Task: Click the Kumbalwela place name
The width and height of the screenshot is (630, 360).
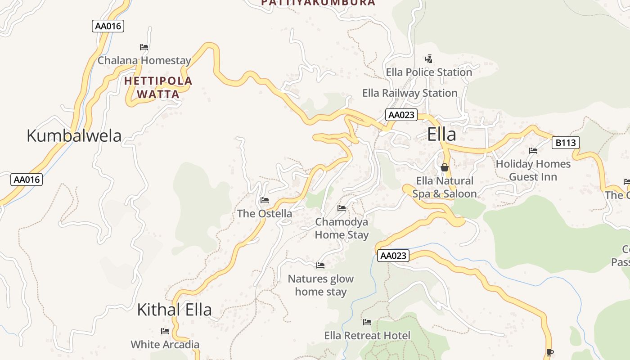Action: coord(74,135)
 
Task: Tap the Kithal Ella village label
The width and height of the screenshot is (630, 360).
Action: coord(174,310)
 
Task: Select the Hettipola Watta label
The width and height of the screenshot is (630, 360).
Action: coord(158,88)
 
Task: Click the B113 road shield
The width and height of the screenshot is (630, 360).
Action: coord(565,143)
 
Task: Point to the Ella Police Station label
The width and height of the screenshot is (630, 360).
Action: coord(429,72)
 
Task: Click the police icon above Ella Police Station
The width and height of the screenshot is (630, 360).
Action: coord(429,58)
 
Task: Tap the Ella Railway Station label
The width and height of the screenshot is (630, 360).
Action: coord(409,93)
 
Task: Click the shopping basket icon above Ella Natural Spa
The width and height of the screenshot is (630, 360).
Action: coord(445,167)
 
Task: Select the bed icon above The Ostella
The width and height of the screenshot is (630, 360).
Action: coord(265,200)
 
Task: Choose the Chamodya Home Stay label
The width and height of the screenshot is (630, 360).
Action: coord(342,228)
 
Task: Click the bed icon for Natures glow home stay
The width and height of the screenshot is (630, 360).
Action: coord(320,265)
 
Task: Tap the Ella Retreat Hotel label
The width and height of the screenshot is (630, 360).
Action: coord(367,336)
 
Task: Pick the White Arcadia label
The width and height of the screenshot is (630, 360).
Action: coord(165,345)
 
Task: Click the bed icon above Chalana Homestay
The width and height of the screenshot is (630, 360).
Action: coord(144,47)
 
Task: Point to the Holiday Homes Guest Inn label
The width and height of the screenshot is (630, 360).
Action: coord(533,171)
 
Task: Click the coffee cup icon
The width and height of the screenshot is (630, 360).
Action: coord(549,352)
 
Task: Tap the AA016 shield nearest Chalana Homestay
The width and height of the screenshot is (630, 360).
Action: coord(108,26)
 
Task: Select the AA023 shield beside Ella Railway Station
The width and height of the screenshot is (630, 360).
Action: coord(401,115)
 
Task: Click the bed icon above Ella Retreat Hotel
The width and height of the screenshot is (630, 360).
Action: coord(367,322)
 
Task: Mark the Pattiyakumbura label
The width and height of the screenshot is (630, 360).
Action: coord(318,3)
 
